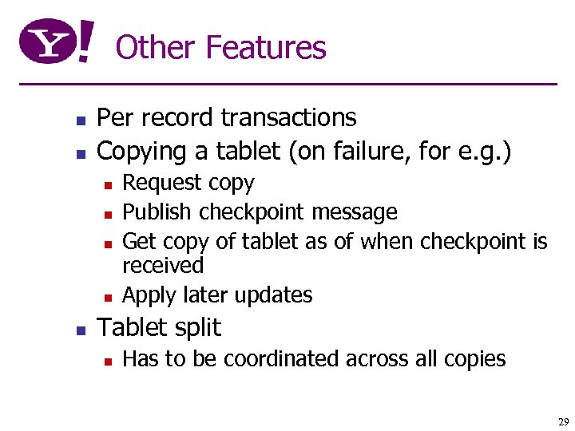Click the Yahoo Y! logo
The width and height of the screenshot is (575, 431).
tap(56, 42)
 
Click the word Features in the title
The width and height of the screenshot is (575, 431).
tap(266, 48)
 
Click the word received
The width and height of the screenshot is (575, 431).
tap(163, 265)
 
